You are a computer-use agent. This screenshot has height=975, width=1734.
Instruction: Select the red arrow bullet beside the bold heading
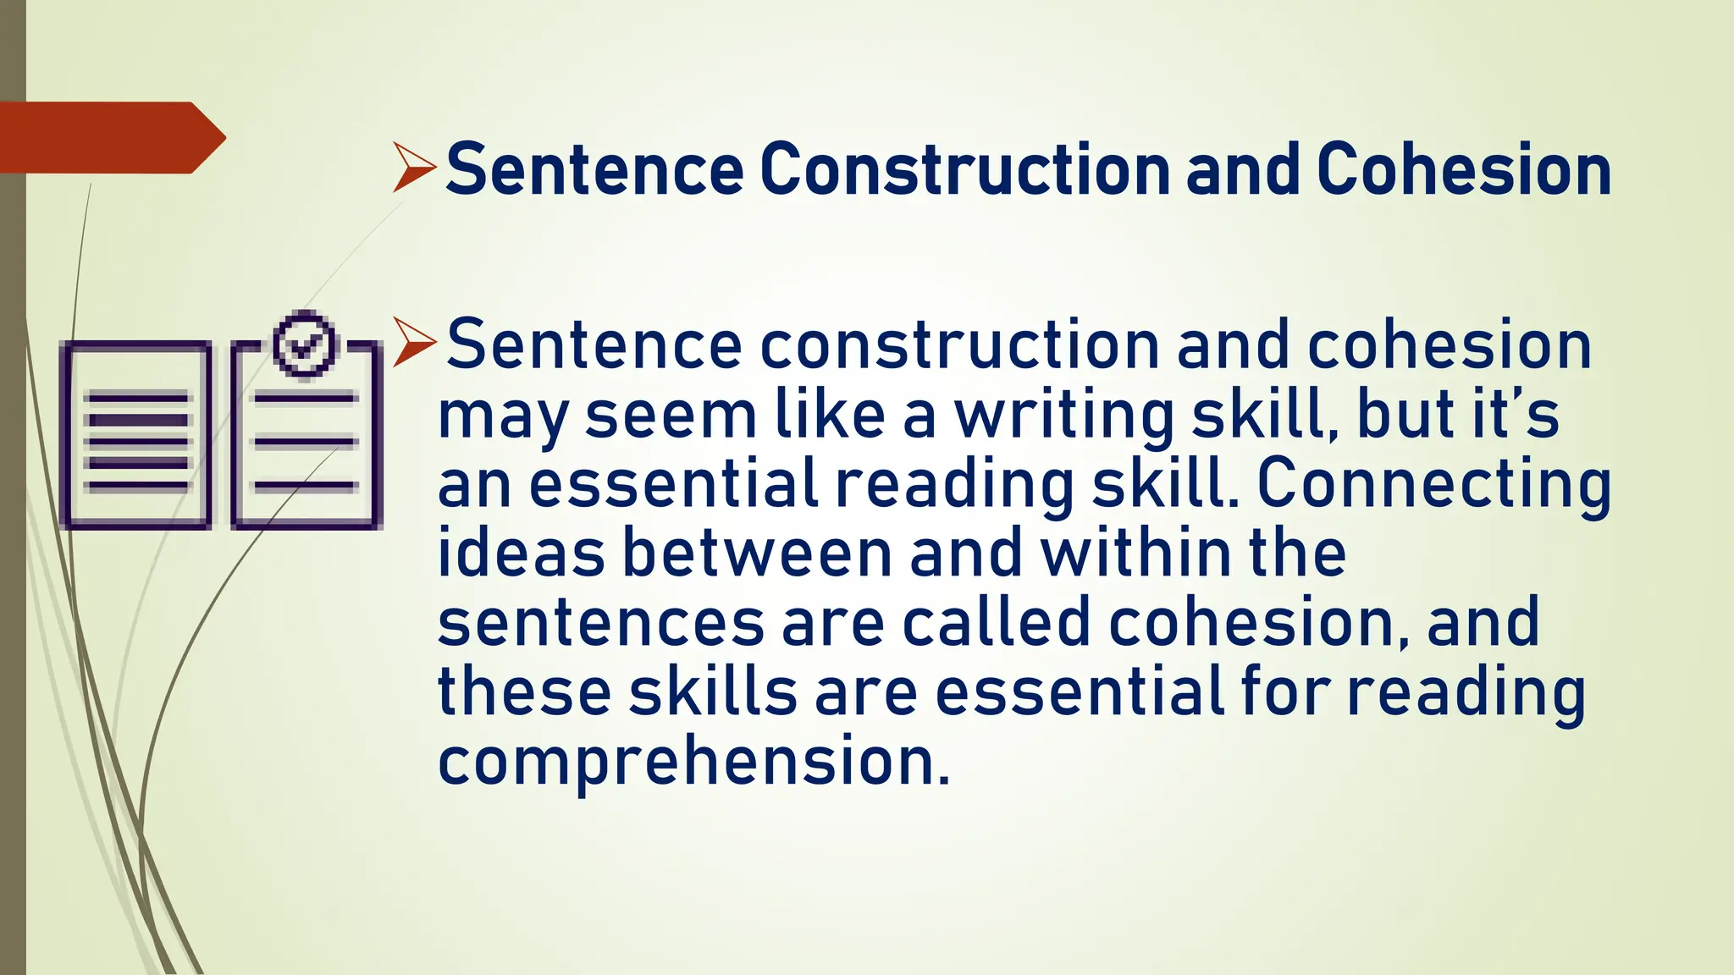[414, 168]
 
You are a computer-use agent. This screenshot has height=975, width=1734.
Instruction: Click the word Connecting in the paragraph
[1433, 485]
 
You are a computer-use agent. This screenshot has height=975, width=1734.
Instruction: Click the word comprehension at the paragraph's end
[693, 761]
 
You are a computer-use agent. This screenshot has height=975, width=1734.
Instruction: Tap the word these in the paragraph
[524, 691]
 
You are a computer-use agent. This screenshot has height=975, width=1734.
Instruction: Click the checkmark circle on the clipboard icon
[305, 344]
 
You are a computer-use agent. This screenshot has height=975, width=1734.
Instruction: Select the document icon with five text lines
[136, 436]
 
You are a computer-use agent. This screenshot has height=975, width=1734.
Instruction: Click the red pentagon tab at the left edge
[110, 138]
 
